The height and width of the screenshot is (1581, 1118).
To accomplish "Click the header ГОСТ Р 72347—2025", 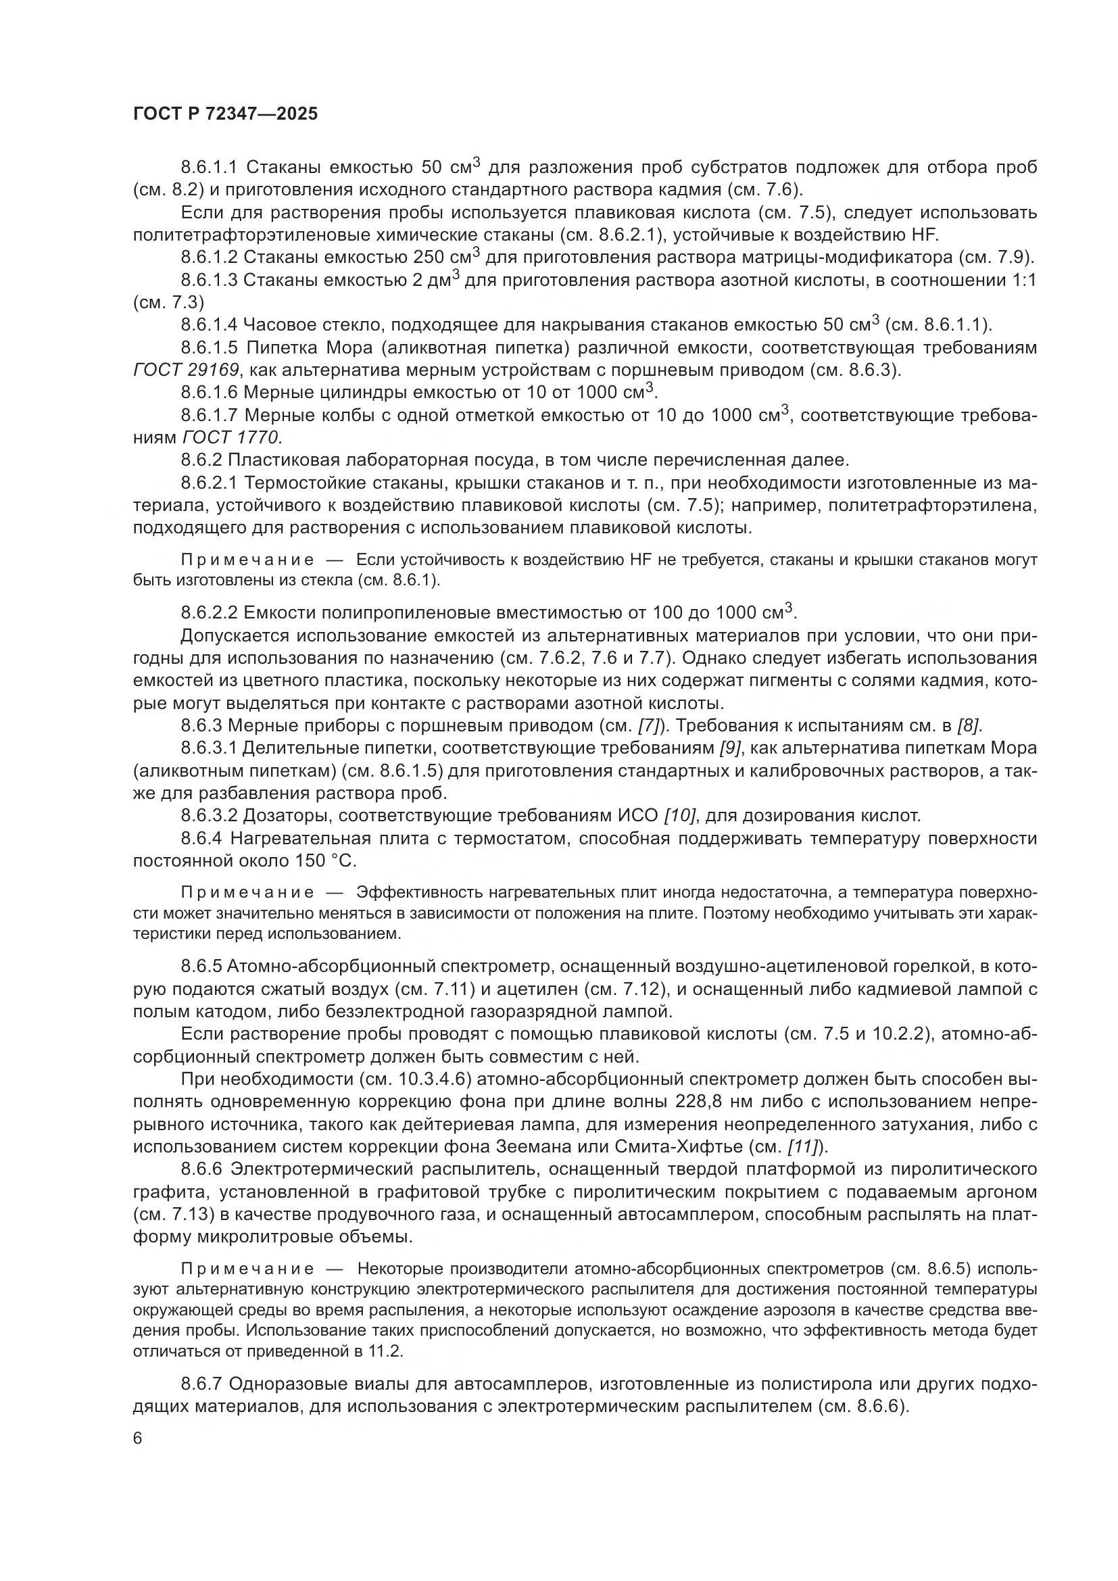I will tap(225, 114).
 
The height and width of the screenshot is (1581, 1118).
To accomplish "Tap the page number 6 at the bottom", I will tap(138, 1438).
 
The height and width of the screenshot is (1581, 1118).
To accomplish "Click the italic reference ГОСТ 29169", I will tap(186, 370).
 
